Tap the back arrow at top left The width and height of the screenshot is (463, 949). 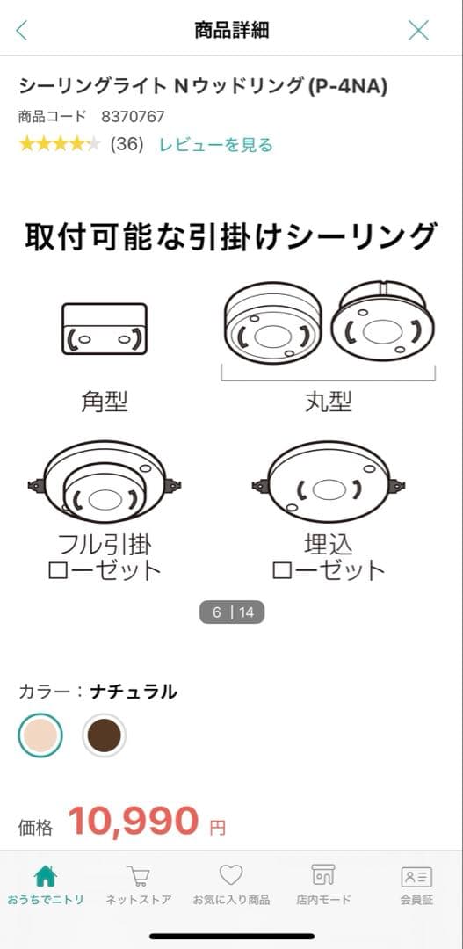[x=22, y=31]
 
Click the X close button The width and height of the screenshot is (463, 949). [x=419, y=31]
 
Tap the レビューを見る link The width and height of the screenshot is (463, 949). [x=215, y=145]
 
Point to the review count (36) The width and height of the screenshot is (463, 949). [x=127, y=145]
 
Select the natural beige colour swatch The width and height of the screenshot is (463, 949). [x=40, y=735]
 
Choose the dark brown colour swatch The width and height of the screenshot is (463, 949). [x=105, y=735]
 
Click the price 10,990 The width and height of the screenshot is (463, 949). [x=134, y=821]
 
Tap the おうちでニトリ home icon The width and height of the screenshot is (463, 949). [x=45, y=876]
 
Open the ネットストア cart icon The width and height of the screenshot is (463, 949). [x=137, y=876]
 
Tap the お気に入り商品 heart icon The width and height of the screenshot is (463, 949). [x=231, y=876]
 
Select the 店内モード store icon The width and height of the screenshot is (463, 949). [x=323, y=876]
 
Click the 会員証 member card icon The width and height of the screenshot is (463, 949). [x=416, y=876]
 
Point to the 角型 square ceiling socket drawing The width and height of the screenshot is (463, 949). [x=104, y=329]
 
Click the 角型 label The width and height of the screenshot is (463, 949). [x=104, y=402]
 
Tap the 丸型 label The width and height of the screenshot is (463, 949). [x=329, y=402]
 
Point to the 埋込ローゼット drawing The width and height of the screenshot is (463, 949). [x=329, y=483]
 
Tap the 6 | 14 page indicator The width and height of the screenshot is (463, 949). [x=232, y=612]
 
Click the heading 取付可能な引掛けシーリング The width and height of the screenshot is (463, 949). [x=231, y=237]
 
